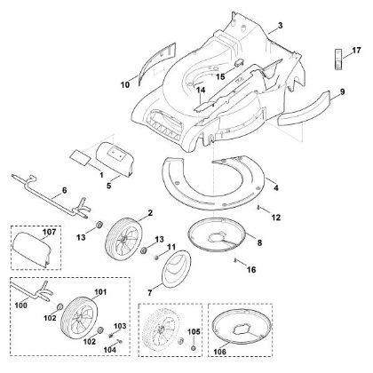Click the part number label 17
[357, 51]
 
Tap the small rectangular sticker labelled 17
[338, 60]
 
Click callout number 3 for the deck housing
[281, 26]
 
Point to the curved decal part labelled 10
[157, 64]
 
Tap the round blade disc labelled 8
[218, 234]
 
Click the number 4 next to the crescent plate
[276, 187]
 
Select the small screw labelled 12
[258, 208]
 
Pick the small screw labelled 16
[235, 260]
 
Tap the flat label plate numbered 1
[80, 156]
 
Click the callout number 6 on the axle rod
[64, 190]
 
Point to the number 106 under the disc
[219, 352]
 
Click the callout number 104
[110, 350]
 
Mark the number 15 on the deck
[220, 76]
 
